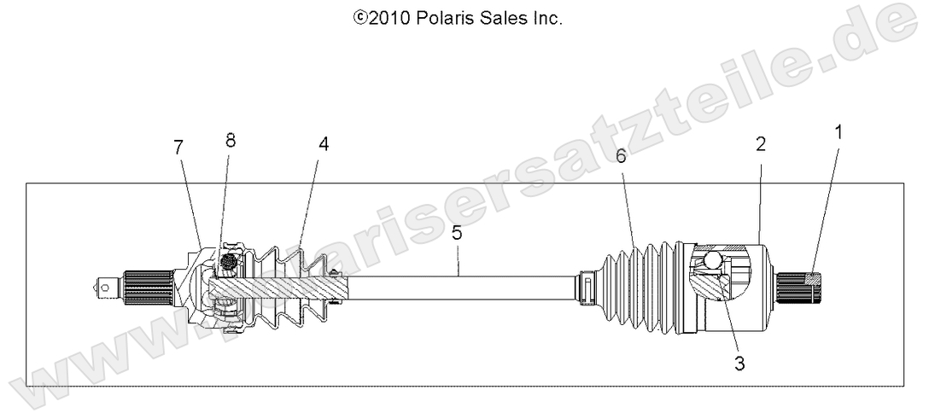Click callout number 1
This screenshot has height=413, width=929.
pyautogui.click(x=838, y=133)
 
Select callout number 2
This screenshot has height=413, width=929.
pyautogui.click(x=760, y=145)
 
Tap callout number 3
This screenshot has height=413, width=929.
pyautogui.click(x=739, y=364)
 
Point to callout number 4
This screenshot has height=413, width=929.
pyautogui.click(x=323, y=145)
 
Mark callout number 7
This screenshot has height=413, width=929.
pyautogui.click(x=178, y=148)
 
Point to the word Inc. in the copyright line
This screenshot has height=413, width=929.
pyautogui.click(x=543, y=17)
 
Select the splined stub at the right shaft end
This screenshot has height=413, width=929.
pyautogui.click(x=803, y=288)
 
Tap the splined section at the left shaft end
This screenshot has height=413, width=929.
pyautogui.click(x=147, y=287)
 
